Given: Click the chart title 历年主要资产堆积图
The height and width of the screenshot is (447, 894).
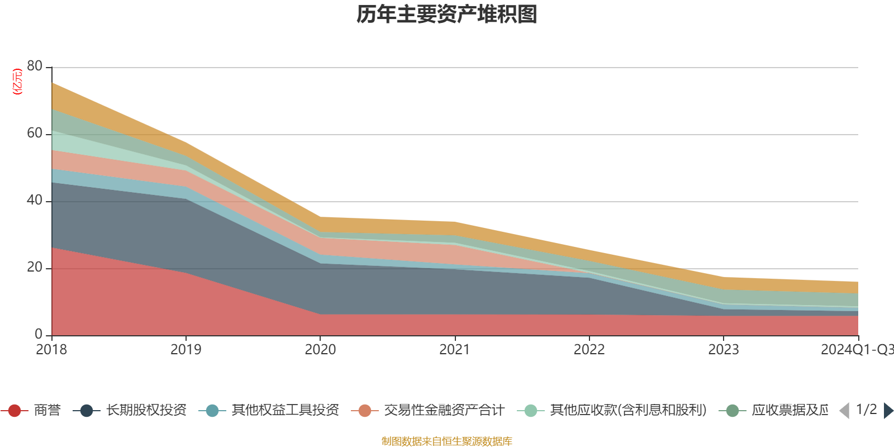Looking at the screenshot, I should pos(447,15).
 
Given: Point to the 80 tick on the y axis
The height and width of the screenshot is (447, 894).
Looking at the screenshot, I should pos(35,66).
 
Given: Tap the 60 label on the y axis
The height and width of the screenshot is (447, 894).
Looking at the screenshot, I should pos(35,133).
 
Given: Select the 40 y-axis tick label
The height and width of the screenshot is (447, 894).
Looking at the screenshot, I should pos(35,200).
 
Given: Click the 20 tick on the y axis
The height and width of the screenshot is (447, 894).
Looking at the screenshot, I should pos(35,267).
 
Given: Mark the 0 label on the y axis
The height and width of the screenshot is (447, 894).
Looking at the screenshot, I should pos(39,334).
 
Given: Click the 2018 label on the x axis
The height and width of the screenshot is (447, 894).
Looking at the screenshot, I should pos(51,350).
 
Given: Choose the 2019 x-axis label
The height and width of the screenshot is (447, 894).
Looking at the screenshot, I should pos(186,350).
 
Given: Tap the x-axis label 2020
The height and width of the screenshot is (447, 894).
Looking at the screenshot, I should pos(320,350).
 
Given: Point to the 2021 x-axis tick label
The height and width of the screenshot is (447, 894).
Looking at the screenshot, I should pos(455,350).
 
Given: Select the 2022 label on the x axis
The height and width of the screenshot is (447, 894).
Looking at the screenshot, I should pos(589,350).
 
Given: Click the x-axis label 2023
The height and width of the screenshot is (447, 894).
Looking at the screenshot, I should pos(724,350).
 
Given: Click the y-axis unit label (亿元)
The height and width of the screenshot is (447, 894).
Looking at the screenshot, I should pos(17,82).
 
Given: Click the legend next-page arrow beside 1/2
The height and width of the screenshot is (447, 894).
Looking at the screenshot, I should pos(888,411).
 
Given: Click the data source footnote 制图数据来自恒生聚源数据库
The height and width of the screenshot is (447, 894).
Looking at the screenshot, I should pos(447,441).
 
